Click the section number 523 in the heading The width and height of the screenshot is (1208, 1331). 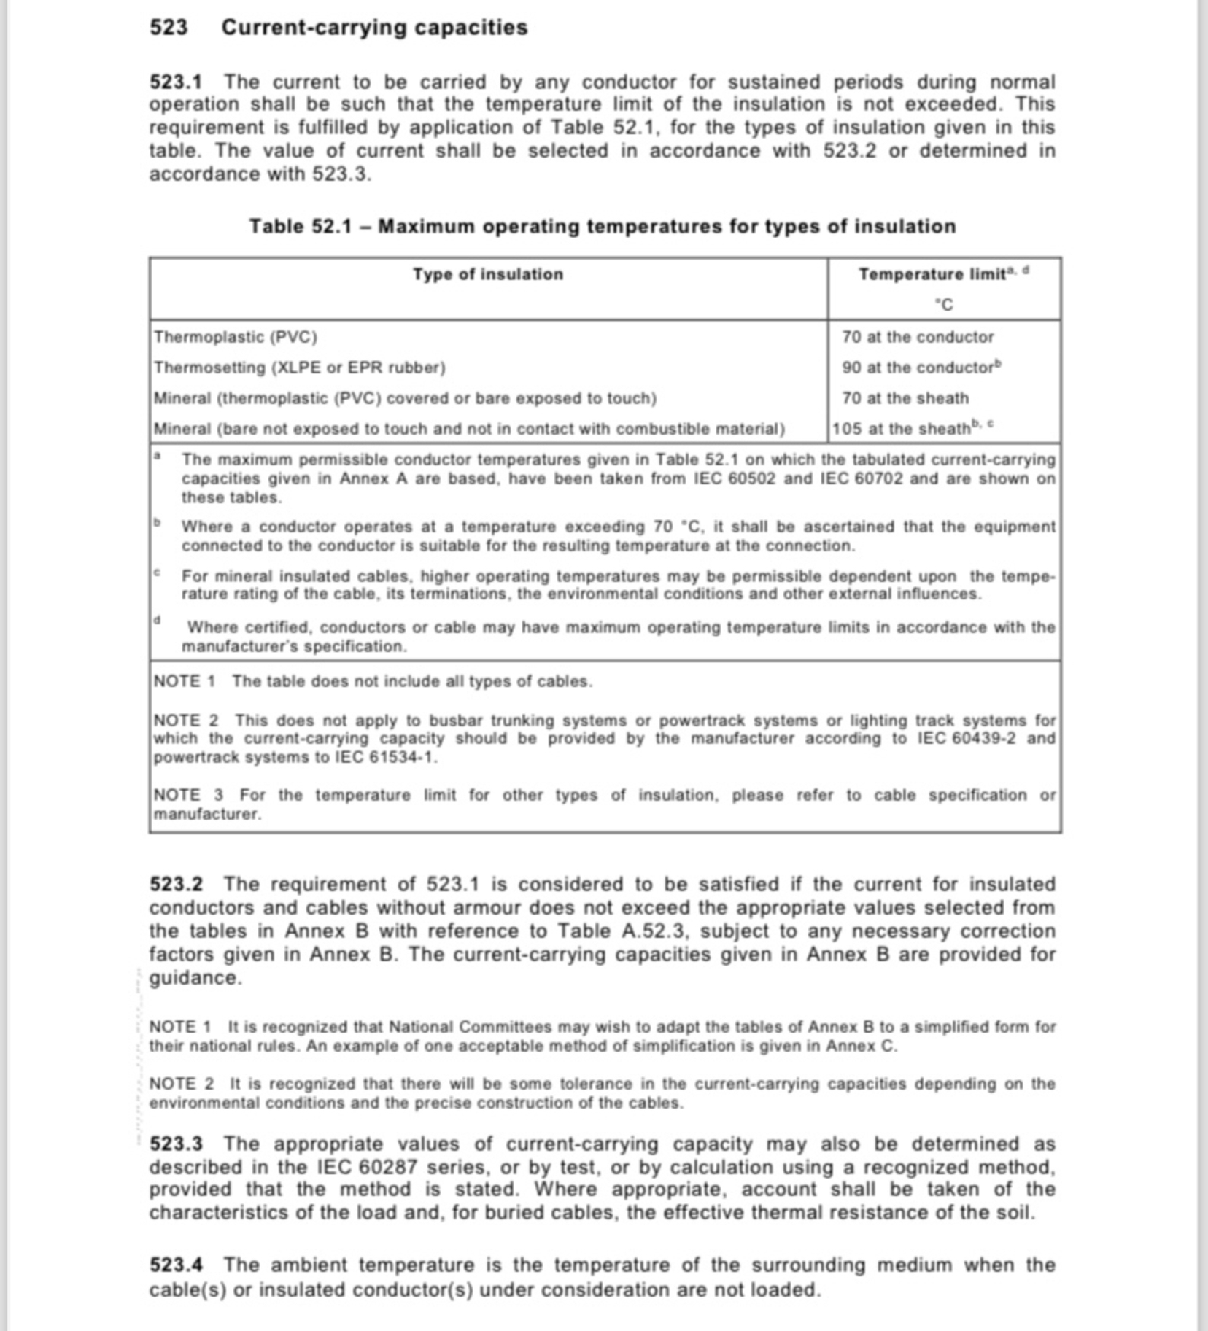tap(169, 28)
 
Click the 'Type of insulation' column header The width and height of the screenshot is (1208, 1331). tap(488, 274)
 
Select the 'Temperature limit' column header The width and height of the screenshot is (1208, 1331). tap(932, 274)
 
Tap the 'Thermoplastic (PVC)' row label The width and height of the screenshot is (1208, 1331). tap(236, 337)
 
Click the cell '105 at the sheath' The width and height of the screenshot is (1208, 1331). tap(902, 429)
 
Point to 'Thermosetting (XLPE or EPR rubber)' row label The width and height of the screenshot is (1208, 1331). tap(299, 368)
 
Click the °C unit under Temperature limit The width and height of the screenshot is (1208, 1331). tap(944, 305)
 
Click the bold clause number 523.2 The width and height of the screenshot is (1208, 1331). tap(176, 885)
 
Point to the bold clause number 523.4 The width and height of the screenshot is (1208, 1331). tap(176, 1265)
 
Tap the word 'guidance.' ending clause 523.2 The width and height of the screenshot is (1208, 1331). tap(195, 978)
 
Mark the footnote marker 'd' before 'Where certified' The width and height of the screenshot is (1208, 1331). tap(157, 621)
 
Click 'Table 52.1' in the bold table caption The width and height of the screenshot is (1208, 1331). tap(300, 227)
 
